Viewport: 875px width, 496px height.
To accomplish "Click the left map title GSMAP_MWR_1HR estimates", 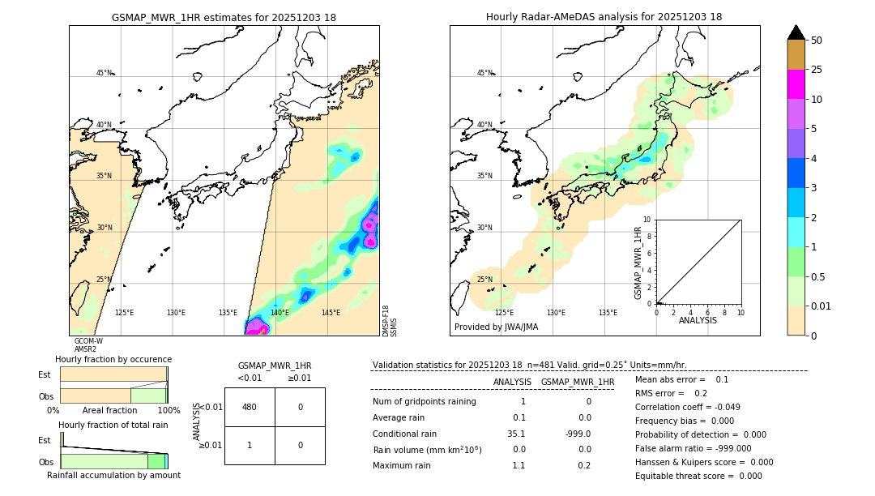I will coord(224,17).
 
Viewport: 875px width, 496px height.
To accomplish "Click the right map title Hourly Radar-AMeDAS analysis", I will coord(604,17).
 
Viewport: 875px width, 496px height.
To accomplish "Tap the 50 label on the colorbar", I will coord(817,41).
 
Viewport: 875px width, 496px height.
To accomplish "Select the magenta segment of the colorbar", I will coord(796,84).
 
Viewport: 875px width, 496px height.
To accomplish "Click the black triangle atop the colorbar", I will coord(796,32).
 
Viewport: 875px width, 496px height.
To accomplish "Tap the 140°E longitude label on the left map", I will coord(280,313).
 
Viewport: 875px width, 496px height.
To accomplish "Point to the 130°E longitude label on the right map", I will coord(556,313).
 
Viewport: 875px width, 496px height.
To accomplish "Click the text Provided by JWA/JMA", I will coord(496,327).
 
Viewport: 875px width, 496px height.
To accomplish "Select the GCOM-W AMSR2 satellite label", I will coord(88,345).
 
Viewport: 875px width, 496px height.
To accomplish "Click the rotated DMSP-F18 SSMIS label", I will coord(390,321).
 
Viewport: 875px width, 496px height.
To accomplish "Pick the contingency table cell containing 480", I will coord(250,407).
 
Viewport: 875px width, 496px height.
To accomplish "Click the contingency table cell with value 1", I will coord(250,445).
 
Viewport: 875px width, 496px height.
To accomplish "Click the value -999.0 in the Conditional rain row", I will coord(578,434).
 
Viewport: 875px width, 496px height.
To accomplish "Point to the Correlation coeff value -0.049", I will coord(721,407).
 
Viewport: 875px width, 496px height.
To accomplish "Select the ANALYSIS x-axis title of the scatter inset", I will coord(698,320).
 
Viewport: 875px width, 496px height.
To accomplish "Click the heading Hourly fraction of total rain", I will coord(113,425).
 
